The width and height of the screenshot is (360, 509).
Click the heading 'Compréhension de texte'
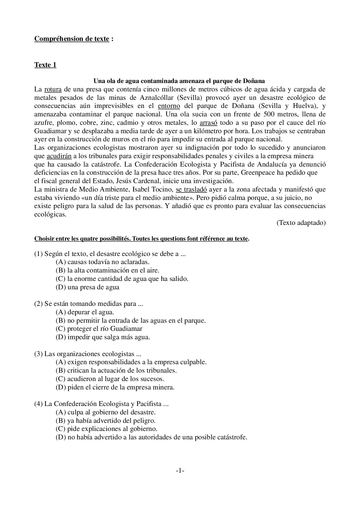click(x=72, y=39)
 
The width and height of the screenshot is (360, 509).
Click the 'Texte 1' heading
click(x=45, y=65)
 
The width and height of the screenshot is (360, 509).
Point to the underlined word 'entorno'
click(x=169, y=106)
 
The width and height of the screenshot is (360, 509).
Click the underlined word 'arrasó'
click(x=208, y=123)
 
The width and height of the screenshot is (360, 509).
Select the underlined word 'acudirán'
click(x=59, y=156)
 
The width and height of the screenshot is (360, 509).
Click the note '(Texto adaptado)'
click(x=301, y=223)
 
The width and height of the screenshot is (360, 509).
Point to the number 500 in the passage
click(x=270, y=114)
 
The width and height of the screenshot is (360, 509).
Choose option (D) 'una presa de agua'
click(x=87, y=287)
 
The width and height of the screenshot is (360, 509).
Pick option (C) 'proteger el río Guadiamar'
click(x=99, y=329)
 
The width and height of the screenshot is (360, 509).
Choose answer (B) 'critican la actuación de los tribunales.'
click(x=116, y=371)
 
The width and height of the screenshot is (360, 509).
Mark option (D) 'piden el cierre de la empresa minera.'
click(x=115, y=387)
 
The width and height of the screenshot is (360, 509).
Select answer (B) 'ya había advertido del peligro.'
click(x=105, y=421)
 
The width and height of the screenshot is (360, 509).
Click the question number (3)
click(x=38, y=354)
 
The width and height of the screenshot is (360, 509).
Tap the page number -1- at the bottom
click(x=180, y=471)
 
